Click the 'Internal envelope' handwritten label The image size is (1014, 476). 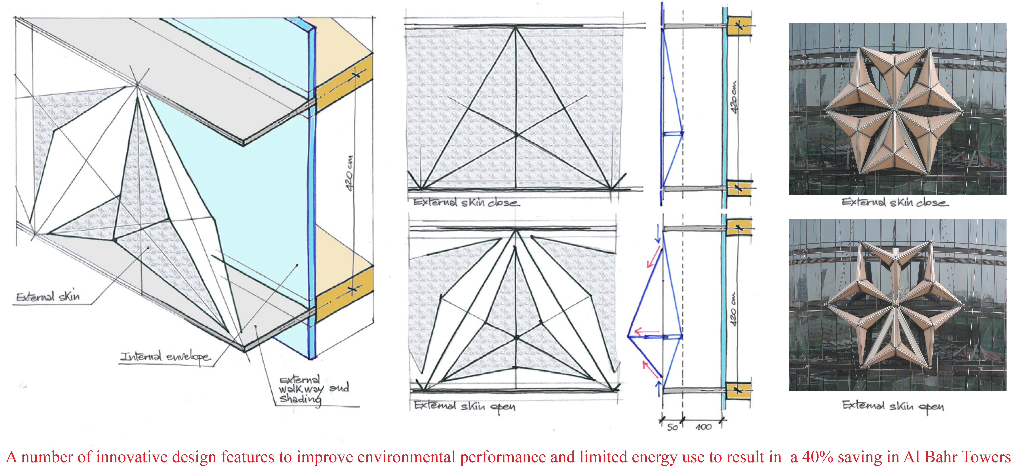(x=165, y=357)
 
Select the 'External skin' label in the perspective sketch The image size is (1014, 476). (x=48, y=296)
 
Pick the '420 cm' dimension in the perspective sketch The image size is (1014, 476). (x=350, y=173)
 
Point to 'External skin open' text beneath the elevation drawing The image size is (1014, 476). (x=464, y=406)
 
